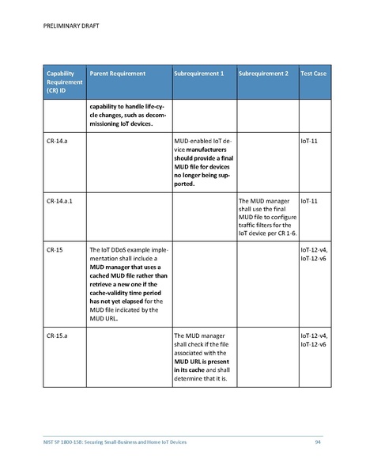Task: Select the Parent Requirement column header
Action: (118, 74)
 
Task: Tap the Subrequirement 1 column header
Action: (198, 74)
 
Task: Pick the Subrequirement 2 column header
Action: (263, 74)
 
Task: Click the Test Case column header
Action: (314, 74)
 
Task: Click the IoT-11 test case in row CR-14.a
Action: (309, 141)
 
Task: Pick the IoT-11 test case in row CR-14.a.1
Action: (309, 202)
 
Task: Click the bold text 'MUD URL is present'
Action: (200, 362)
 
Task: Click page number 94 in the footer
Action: (317, 441)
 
